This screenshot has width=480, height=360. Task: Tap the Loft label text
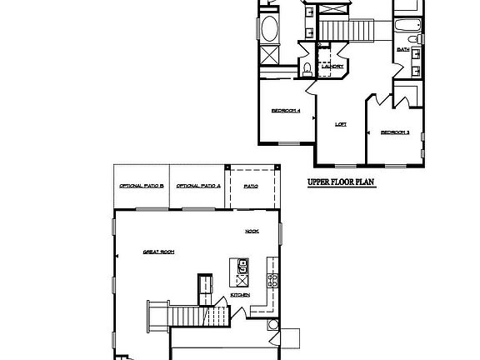click(340, 124)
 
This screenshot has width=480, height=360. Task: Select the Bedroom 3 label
click(394, 132)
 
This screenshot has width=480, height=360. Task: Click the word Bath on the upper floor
click(403, 50)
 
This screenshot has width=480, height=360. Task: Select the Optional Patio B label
click(141, 186)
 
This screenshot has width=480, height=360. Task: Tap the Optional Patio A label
click(198, 186)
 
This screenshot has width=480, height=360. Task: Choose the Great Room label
click(157, 251)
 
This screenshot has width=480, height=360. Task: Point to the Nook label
click(252, 231)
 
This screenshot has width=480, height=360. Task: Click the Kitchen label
click(240, 294)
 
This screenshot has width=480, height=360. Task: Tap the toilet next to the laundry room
click(307, 68)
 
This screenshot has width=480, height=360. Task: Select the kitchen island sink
click(242, 267)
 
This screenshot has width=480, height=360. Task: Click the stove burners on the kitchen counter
click(271, 279)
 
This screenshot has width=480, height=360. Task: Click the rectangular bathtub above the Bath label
click(407, 25)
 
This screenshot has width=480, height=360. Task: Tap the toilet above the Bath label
click(412, 38)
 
